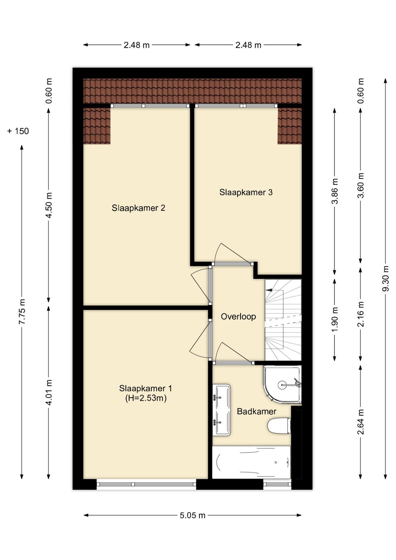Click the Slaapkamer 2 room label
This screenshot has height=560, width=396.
click(138, 208)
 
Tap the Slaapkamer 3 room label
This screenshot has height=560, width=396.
click(246, 192)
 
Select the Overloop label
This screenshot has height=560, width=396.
click(238, 317)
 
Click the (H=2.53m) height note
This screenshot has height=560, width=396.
click(146, 398)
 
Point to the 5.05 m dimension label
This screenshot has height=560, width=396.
click(192, 515)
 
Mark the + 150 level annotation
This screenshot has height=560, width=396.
click(18, 131)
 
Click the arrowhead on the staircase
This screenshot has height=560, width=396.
click(268, 290)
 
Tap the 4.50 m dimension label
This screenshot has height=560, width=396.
click(49, 205)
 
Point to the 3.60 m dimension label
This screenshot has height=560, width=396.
click(360, 185)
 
